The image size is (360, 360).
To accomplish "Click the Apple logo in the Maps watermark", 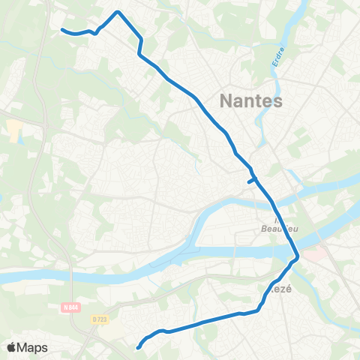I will [x=12, y=347].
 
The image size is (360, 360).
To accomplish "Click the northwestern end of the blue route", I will [x=62, y=30].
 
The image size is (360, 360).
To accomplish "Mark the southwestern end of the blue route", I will [x=139, y=346].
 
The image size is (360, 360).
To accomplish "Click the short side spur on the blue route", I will [x=250, y=180].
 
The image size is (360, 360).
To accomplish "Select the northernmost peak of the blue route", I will [x=118, y=12].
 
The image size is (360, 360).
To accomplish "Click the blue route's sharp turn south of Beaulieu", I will [x=298, y=257].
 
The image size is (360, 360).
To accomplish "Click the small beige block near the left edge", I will [x=14, y=130].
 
